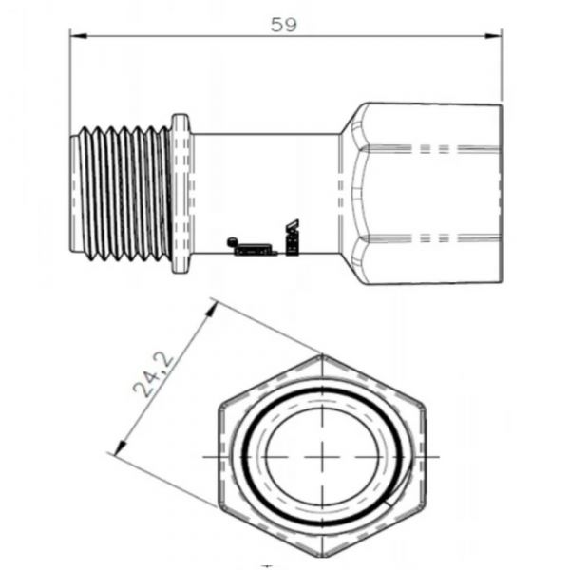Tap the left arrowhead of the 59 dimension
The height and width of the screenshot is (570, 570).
point(77,37)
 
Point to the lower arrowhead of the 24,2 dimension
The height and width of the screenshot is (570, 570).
point(117,451)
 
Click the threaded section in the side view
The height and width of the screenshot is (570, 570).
point(122,192)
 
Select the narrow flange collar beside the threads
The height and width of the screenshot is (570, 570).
point(180,192)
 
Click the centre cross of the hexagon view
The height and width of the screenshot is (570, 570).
point(323,456)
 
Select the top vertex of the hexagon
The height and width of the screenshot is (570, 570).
point(323,355)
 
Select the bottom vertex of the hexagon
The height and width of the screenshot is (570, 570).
point(323,558)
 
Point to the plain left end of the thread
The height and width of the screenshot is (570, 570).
point(74,192)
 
